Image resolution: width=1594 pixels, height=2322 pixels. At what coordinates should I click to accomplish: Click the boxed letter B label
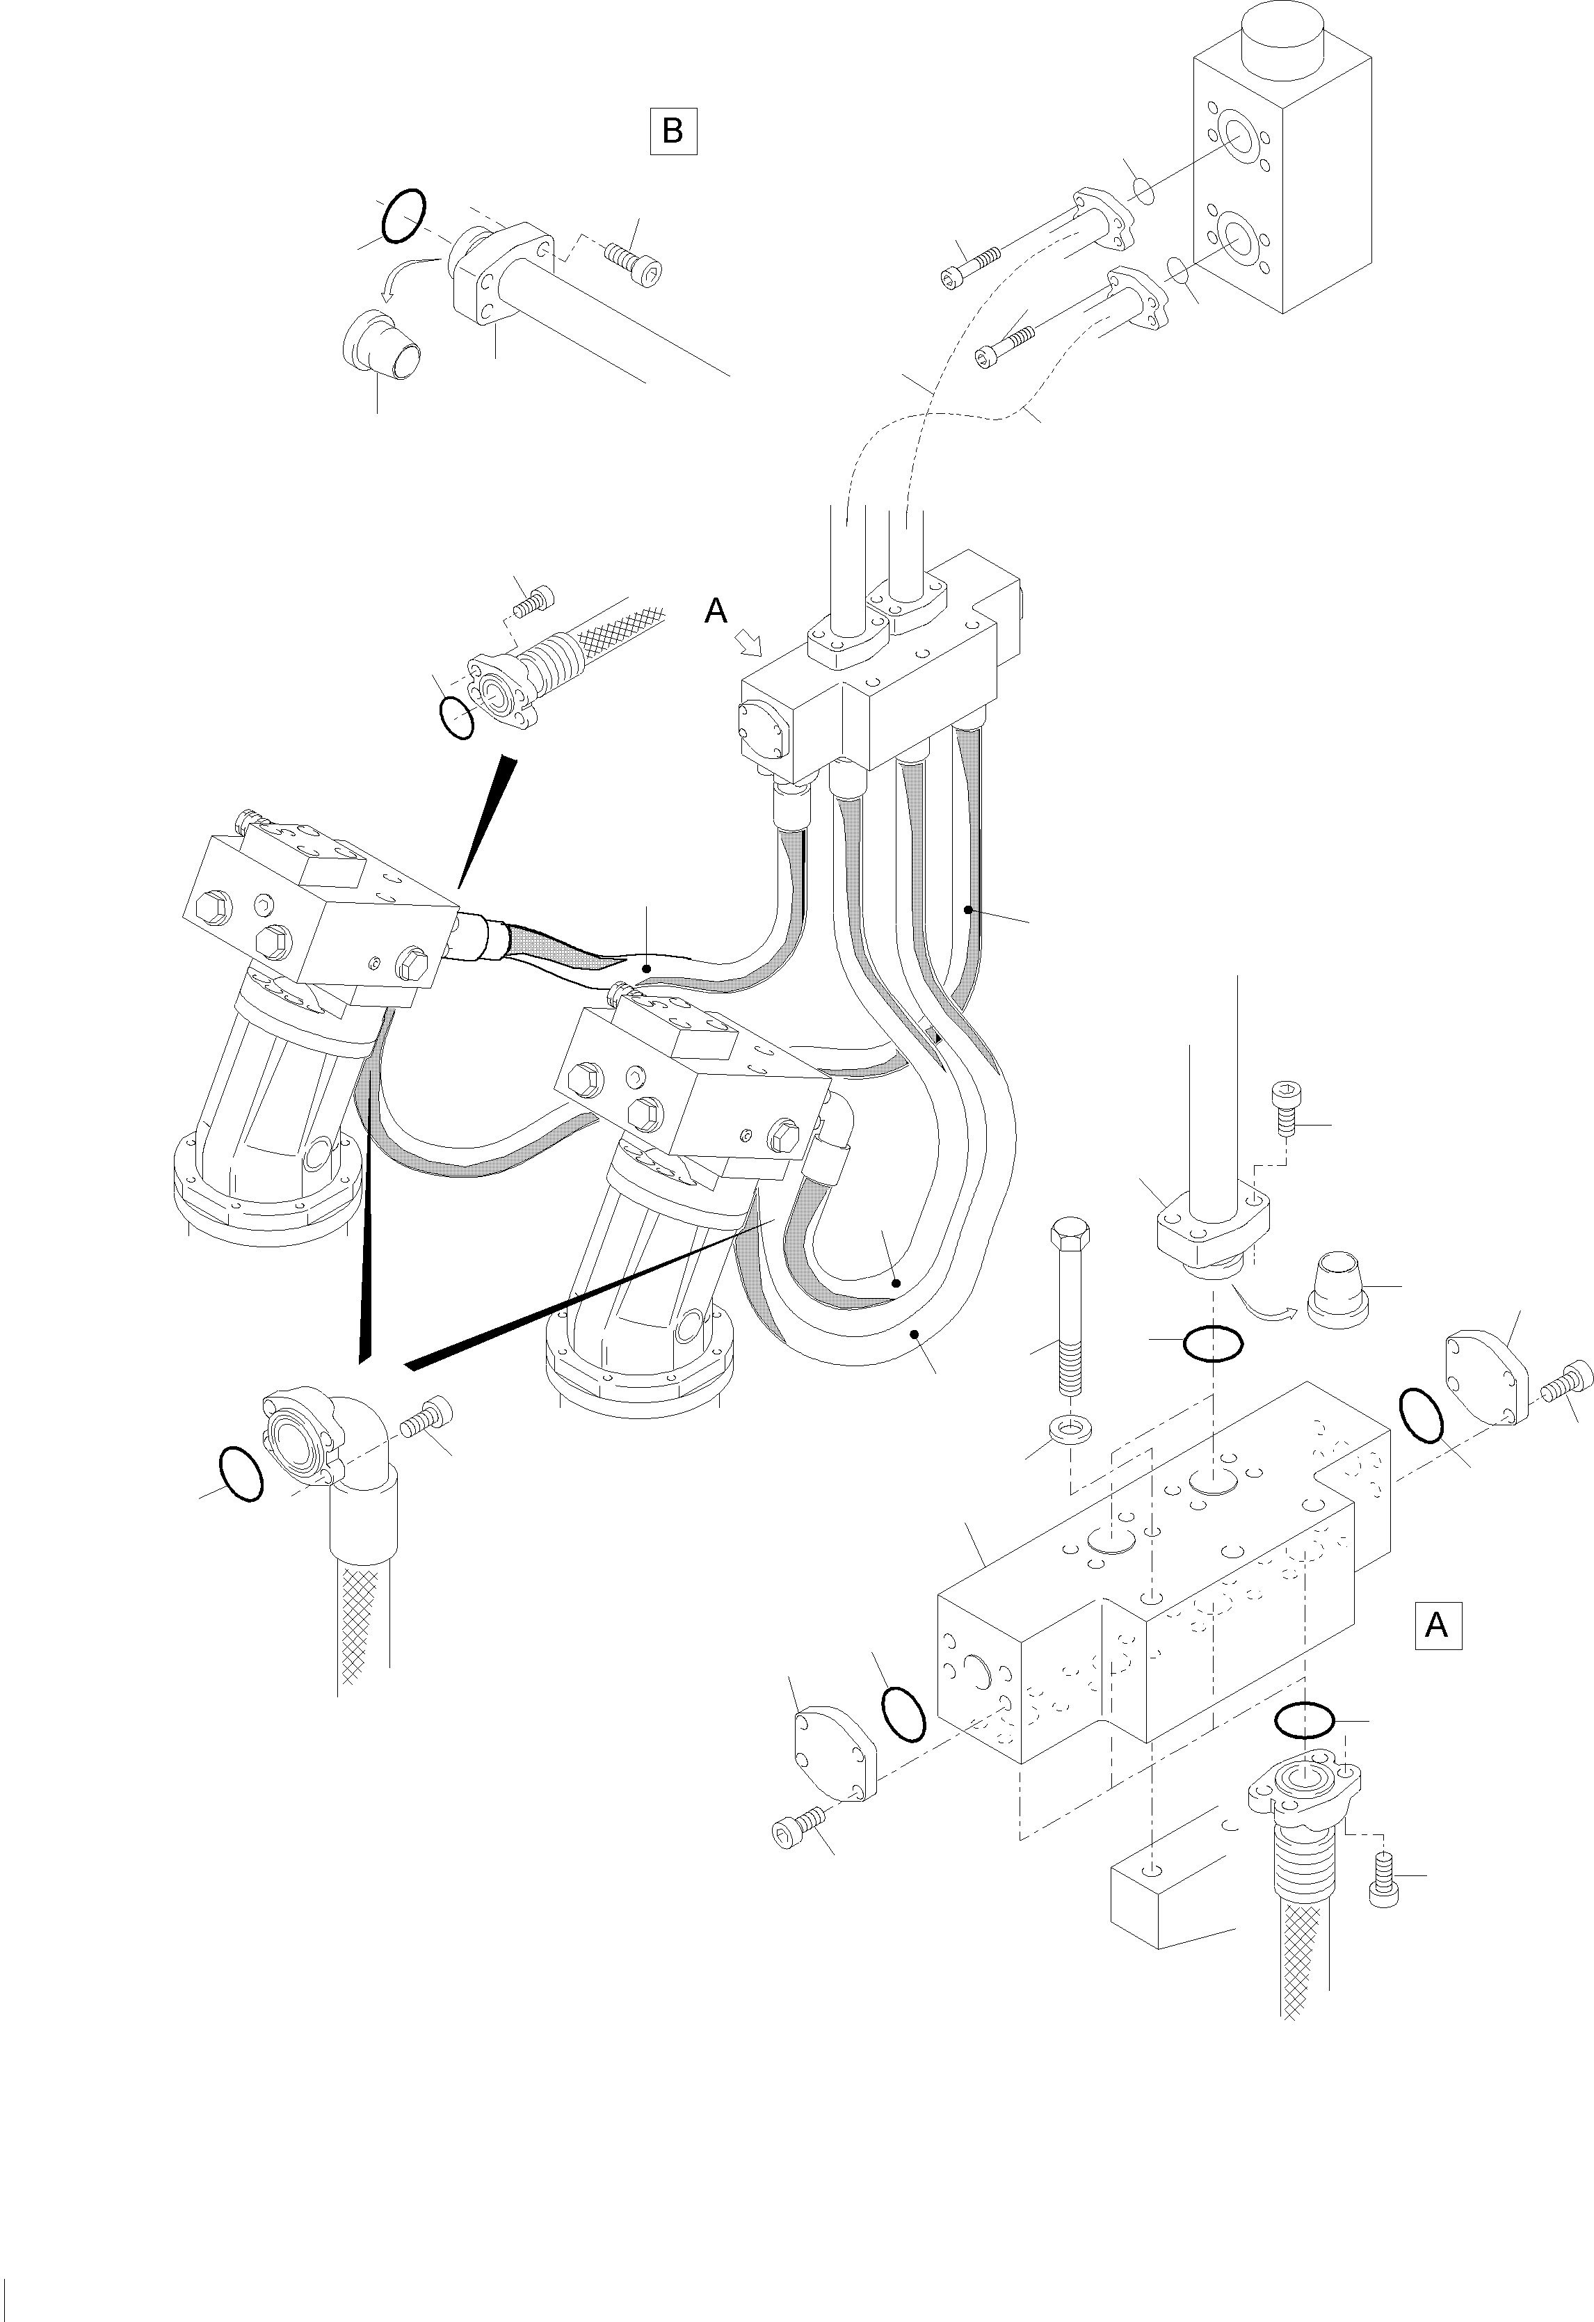click(673, 131)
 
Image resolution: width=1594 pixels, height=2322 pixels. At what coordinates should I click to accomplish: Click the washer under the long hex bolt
click(1070, 1430)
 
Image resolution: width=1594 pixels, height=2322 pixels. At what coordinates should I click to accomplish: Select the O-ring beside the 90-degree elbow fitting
click(240, 1474)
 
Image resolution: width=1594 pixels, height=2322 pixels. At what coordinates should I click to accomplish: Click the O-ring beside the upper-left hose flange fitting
click(456, 716)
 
